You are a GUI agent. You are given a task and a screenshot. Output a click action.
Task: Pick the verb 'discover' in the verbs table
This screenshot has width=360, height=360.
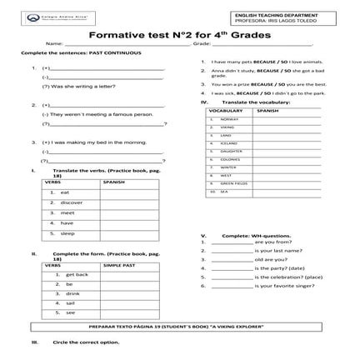[72, 203]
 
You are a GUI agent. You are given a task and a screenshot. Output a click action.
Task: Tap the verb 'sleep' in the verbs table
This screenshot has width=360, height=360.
[67, 234]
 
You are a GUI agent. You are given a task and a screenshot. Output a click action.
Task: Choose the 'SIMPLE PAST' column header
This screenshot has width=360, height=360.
[117, 264]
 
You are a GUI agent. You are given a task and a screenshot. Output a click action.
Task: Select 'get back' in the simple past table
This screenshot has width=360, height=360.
[77, 274]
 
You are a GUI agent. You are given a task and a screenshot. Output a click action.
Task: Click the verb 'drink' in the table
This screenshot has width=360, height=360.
[72, 294]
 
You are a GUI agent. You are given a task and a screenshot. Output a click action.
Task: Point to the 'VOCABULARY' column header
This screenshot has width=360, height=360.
[226, 110]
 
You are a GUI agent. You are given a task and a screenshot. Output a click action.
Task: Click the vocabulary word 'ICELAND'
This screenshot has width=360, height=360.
[229, 143]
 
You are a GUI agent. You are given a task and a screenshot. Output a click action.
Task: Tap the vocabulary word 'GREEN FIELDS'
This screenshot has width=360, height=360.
[235, 183]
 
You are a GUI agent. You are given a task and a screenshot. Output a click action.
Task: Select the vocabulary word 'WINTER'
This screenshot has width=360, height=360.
[229, 167]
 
